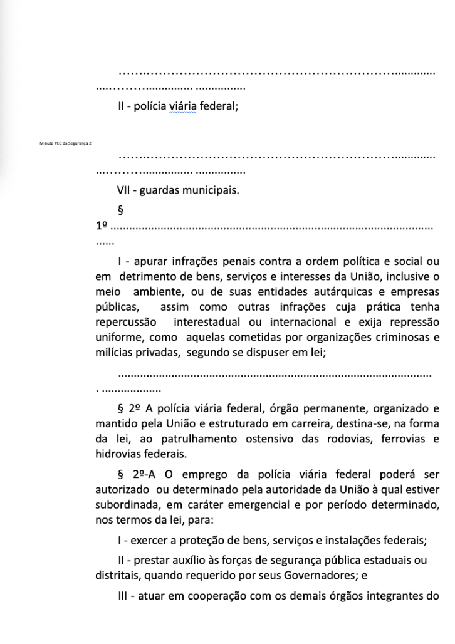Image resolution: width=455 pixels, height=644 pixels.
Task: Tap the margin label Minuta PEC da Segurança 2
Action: pyautogui.click(x=65, y=143)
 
